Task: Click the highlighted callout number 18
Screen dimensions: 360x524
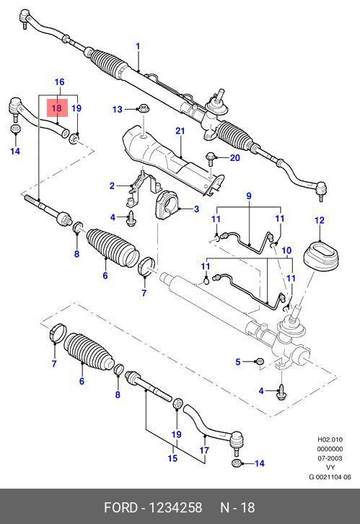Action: [x=57, y=108]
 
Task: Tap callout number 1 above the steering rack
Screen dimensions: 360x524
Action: [x=138, y=46]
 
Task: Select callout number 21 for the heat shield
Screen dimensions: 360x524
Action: [x=180, y=131]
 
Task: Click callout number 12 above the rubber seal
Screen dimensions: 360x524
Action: [x=320, y=220]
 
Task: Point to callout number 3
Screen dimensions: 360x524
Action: [x=196, y=209]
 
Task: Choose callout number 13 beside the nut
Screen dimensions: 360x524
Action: [x=117, y=109]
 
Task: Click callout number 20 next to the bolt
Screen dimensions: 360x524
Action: [x=235, y=157]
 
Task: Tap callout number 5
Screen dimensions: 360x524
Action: [x=238, y=362]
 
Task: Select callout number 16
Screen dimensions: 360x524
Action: [x=59, y=82]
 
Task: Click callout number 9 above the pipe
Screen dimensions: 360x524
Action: [x=249, y=196]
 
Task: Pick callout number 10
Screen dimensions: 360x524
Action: [x=286, y=250]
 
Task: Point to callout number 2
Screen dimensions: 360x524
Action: [x=113, y=185]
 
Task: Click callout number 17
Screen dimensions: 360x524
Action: [x=204, y=450]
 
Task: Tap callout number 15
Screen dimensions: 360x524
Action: [x=172, y=458]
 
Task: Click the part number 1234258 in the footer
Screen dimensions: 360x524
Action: [x=175, y=507]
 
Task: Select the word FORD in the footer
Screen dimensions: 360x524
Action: [x=120, y=507]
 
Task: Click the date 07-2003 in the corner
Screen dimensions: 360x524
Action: [x=330, y=458]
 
